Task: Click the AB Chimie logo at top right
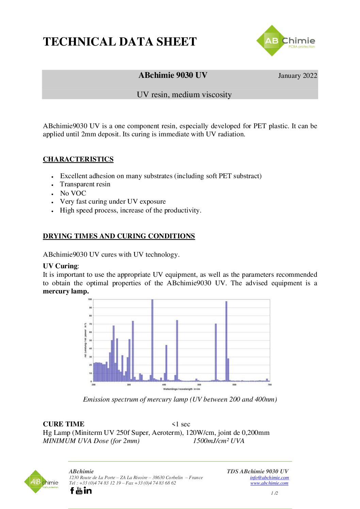tap(285, 41)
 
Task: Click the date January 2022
tap(297, 75)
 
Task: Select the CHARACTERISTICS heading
tap(78, 159)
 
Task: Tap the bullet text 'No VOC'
tap(73, 193)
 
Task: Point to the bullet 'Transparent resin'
tap(85, 184)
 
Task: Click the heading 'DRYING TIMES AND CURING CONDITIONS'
tap(119, 236)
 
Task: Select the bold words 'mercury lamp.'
tap(66, 291)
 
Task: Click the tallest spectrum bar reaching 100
tap(152, 340)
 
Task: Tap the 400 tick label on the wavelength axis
tap(164, 385)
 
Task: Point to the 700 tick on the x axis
tap(269, 385)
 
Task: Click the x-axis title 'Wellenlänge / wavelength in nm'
tap(181, 389)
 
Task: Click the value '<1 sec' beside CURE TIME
tap(181, 424)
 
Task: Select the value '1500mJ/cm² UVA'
tap(218, 441)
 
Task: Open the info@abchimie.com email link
tap(269, 477)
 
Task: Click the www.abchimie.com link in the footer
tap(269, 483)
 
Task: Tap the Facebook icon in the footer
tap(72, 490)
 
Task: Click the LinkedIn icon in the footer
tap(87, 490)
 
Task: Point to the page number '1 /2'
tap(274, 493)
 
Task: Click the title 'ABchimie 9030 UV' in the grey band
tap(173, 75)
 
